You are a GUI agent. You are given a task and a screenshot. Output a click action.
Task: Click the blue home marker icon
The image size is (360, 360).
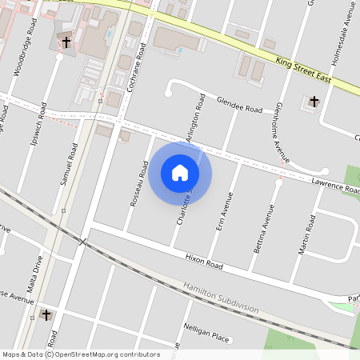pos(180,172)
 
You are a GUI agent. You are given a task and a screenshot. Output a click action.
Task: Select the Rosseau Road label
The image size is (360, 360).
pos(140,184)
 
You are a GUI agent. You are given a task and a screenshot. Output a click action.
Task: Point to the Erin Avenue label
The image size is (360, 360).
pos(226,212)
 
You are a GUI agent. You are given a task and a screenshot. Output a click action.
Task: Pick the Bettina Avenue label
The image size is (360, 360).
pos(263,230)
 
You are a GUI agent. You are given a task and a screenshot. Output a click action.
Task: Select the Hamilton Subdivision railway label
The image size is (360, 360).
pos(220,298)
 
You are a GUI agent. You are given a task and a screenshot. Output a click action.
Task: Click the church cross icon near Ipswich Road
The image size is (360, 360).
pos(66,42)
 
